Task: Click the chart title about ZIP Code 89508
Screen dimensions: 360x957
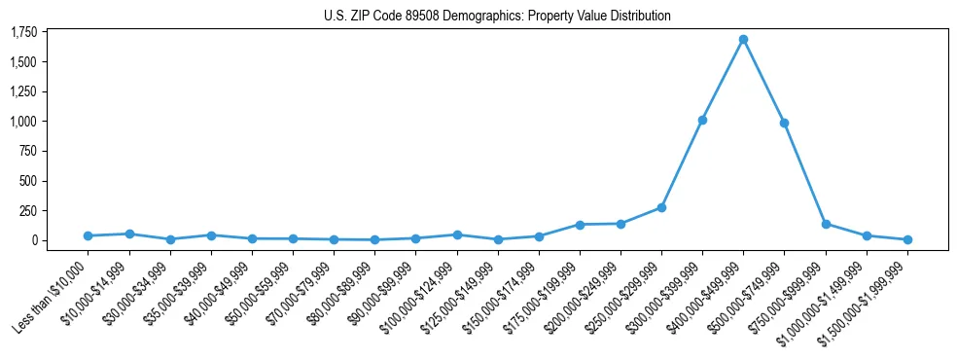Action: tap(497, 16)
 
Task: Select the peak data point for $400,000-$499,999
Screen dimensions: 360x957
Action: tap(743, 40)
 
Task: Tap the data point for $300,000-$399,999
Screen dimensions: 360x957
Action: tap(702, 120)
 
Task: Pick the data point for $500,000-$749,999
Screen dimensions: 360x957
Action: tap(784, 124)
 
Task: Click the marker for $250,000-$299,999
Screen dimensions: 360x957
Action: tap(661, 207)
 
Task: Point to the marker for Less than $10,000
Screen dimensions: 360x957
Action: tap(89, 235)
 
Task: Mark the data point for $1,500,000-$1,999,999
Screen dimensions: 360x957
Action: tap(907, 239)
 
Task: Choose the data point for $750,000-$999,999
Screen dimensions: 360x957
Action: tap(826, 224)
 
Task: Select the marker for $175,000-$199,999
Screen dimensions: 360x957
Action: tap(580, 225)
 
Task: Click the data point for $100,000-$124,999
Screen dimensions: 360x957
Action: tap(457, 234)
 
